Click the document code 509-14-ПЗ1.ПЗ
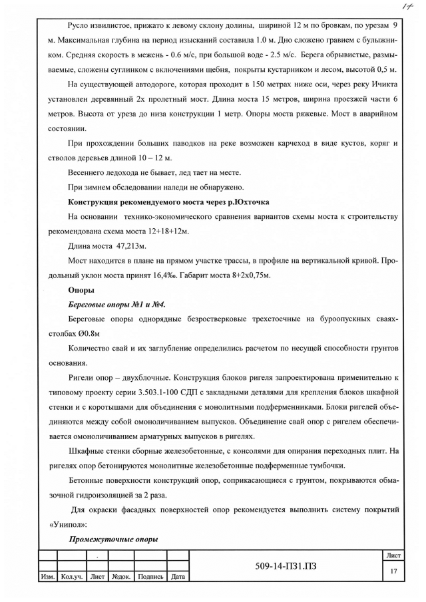pyautogui.click(x=286, y=566)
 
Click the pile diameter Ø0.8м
pyautogui.click(x=85, y=333)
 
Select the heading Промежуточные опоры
pyautogui.click(x=113, y=539)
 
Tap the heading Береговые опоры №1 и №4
pyautogui.click(x=117, y=304)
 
